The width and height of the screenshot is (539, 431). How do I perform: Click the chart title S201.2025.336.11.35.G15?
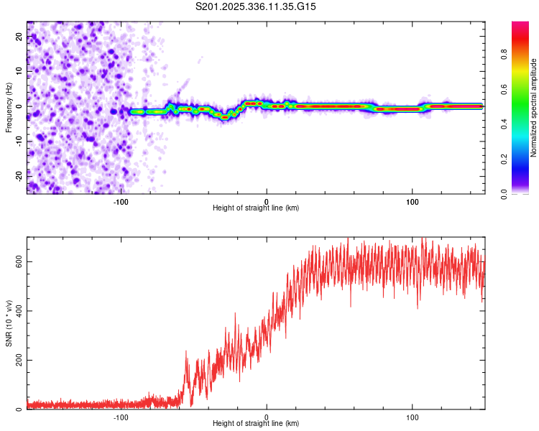coord(256,6)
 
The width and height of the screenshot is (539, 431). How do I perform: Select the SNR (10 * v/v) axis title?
coord(9,323)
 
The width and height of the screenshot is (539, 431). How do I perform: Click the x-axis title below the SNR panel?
coord(256,425)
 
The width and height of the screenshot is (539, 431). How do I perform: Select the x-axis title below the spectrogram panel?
coord(256,208)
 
